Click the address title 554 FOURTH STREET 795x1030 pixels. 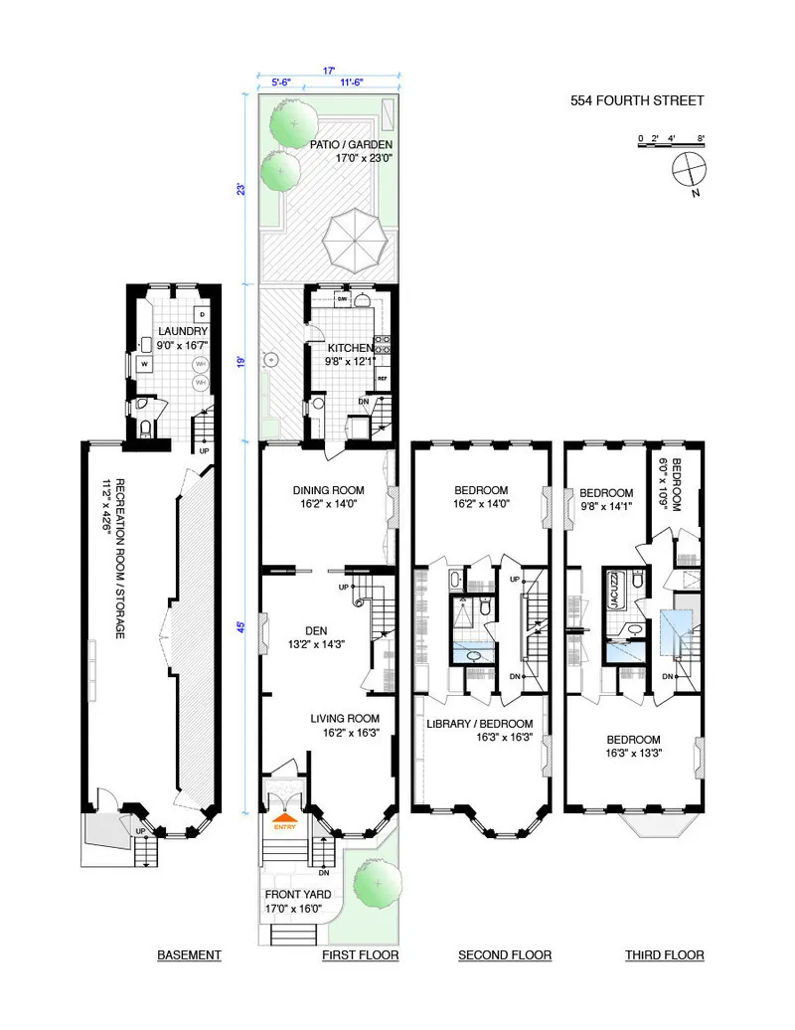(636, 100)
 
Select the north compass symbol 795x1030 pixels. (687, 171)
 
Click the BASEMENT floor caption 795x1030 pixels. (189, 955)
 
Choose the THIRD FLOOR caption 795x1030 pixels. (664, 955)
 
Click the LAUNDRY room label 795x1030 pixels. (182, 331)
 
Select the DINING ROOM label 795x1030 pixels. (328, 490)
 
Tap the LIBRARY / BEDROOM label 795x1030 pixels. (480, 724)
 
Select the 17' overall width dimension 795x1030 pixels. (328, 71)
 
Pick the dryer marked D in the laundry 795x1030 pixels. (202, 315)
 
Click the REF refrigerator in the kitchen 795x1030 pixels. (381, 379)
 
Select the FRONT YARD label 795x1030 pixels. (299, 894)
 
